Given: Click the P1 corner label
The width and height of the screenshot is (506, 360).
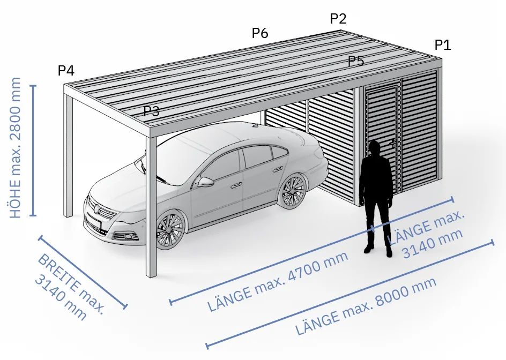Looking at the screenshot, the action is click(443, 45).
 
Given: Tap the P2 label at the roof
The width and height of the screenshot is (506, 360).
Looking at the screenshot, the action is click(338, 19).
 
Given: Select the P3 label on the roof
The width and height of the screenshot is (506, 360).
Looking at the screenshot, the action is click(151, 111).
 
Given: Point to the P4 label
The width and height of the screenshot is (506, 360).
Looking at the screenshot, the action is click(66, 70).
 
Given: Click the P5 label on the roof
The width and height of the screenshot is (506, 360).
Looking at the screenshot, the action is click(356, 61).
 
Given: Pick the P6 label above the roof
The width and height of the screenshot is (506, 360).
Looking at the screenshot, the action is click(260, 33).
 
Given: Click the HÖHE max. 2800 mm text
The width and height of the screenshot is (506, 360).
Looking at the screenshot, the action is click(15, 148).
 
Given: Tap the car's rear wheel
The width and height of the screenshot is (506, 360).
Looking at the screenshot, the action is click(293, 191).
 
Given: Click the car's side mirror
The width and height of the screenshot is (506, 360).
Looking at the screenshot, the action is click(205, 182).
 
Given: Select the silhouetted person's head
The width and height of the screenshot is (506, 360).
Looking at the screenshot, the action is click(375, 148).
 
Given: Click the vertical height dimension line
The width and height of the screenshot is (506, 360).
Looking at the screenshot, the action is click(33, 151).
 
